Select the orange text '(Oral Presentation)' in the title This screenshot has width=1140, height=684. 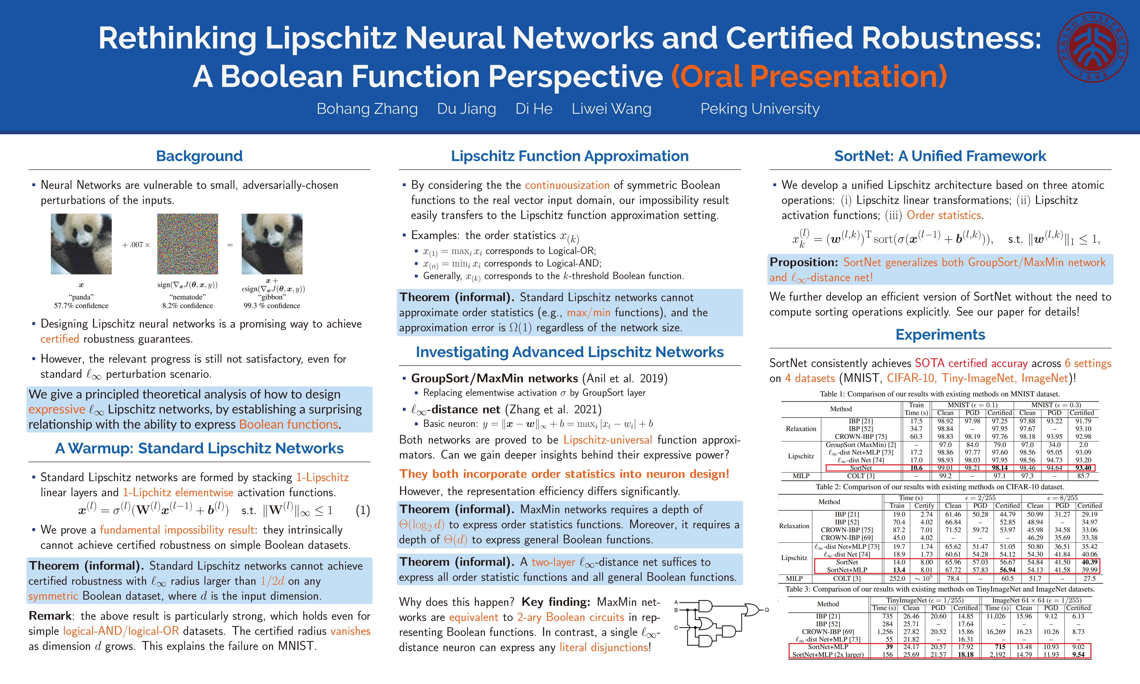point(809,76)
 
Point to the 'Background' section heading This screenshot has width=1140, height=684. point(199,156)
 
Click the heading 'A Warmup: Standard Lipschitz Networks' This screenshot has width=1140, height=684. point(199,448)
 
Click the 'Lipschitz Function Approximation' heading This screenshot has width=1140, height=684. point(570,156)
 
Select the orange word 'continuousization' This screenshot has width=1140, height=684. point(567,185)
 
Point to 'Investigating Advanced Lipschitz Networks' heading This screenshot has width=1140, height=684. point(570,352)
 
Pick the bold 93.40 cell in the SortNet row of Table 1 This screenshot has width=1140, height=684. point(1083,468)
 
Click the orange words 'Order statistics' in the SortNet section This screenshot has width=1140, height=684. point(944,215)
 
